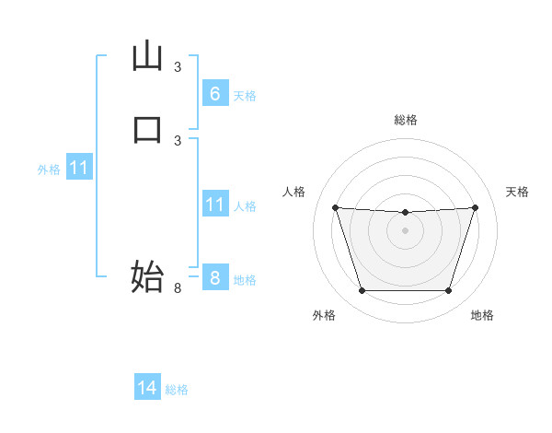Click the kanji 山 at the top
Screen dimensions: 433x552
click(x=147, y=57)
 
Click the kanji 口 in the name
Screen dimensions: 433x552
click(x=147, y=129)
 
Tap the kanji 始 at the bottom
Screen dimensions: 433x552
click(x=147, y=276)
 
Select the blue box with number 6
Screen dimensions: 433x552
click(x=214, y=93)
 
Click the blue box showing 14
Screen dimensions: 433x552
click(x=147, y=388)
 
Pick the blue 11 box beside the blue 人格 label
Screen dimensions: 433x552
click(x=214, y=205)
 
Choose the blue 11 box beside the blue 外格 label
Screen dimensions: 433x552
click(x=79, y=169)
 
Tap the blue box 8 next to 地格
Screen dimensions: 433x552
click(x=214, y=277)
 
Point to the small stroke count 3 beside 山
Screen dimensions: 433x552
click(x=178, y=67)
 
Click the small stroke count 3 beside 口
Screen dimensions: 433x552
click(x=178, y=140)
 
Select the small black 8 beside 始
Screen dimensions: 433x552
click(x=178, y=288)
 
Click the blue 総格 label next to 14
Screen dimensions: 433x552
click(x=177, y=390)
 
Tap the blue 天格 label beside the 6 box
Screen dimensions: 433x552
click(x=245, y=95)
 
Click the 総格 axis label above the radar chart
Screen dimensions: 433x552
click(x=406, y=120)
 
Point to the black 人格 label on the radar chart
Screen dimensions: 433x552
click(x=294, y=192)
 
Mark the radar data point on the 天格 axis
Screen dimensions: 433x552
click(x=476, y=207)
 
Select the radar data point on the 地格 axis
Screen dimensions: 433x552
click(x=448, y=291)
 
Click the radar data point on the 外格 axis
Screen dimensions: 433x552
click(x=362, y=291)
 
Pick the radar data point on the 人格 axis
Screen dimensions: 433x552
click(x=335, y=207)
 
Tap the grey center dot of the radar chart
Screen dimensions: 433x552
click(x=405, y=230)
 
